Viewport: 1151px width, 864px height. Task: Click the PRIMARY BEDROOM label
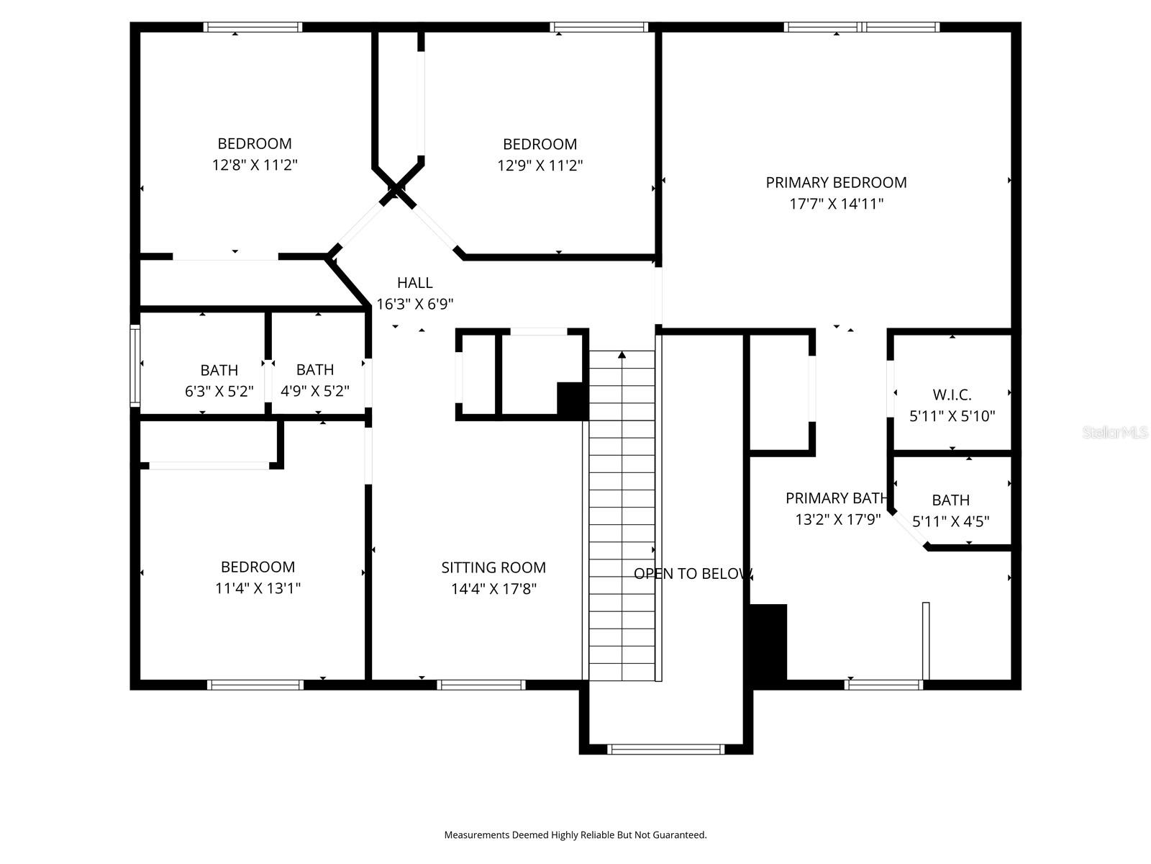coord(836,183)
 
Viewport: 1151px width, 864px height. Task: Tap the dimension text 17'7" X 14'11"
coord(836,204)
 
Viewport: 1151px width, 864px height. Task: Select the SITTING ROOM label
coord(493,567)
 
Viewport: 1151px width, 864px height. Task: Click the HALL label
coord(415,283)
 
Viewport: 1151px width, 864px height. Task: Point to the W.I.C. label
coord(952,395)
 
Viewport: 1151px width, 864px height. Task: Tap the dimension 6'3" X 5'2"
coord(219,392)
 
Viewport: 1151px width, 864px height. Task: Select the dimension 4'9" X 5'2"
coord(314,392)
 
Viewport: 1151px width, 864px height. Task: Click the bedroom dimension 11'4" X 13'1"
coord(258,588)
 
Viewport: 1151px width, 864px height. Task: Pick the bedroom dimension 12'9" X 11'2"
coord(540,166)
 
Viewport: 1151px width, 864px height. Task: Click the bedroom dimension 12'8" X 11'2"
coord(255,165)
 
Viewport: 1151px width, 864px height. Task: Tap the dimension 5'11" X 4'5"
coord(950,521)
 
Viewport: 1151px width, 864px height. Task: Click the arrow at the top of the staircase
coord(622,354)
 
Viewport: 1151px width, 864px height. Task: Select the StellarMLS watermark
coord(1114,433)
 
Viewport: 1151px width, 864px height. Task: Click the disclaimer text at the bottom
coord(575,835)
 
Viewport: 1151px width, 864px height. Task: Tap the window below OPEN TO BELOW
coord(666,750)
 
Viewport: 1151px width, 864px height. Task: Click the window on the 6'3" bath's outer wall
coord(135,365)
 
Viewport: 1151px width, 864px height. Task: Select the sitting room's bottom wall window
coord(481,685)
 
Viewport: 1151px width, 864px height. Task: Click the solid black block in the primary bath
coord(769,642)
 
